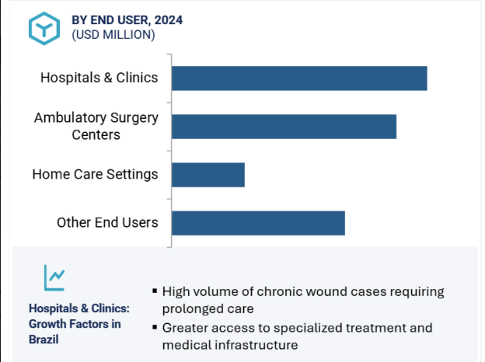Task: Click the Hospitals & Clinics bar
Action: pos(299,78)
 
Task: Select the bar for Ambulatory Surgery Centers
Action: pos(284,127)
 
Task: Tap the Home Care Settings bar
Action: pos(208,175)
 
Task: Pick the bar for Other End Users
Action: pos(258,223)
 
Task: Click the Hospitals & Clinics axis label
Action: pos(99,78)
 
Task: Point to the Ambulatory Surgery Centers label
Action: pos(96,126)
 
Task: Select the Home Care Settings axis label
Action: pos(95,174)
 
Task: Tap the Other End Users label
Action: pos(107,223)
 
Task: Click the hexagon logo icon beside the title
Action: pos(44,29)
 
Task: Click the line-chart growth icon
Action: pos(54,277)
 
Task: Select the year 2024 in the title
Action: pos(168,20)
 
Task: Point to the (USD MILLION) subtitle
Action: pos(113,35)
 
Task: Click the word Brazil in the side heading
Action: pos(44,339)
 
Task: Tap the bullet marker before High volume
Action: pos(155,291)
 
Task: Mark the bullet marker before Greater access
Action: pos(155,327)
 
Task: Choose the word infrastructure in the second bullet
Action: pos(260,345)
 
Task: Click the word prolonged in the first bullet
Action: pos(185,309)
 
